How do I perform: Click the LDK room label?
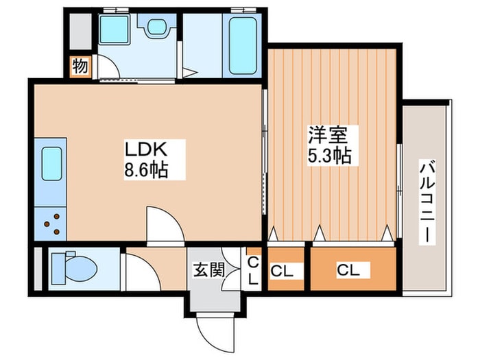point(145,149)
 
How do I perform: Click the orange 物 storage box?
point(80,67)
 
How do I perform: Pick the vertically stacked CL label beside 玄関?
point(252,271)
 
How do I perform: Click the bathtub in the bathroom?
point(243,45)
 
